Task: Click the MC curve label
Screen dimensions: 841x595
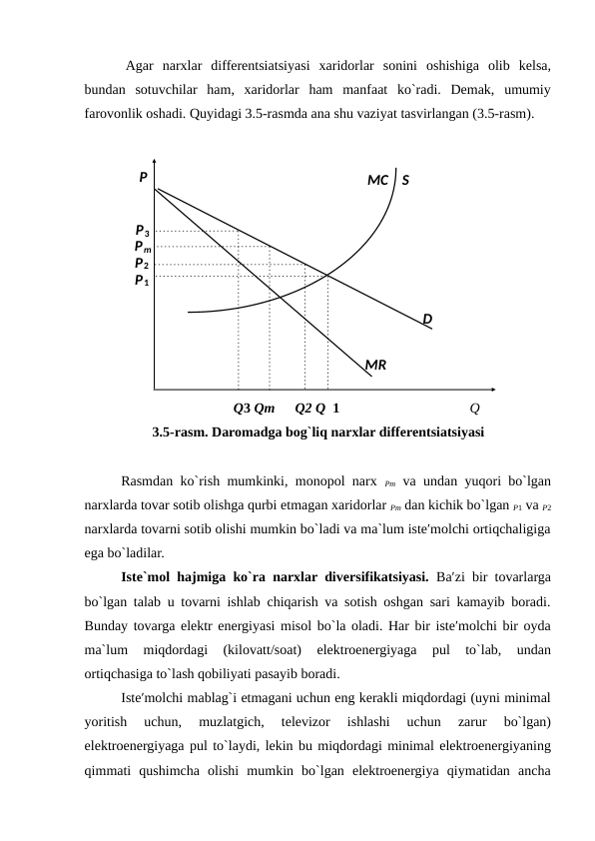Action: [377, 181]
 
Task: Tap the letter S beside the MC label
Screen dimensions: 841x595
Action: [406, 181]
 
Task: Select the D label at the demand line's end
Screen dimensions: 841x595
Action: [426, 319]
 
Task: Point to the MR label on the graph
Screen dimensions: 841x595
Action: [376, 366]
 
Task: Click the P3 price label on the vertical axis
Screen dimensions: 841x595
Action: [143, 231]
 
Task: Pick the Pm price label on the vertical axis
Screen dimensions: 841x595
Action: [143, 247]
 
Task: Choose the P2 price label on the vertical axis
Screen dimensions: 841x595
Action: [143, 264]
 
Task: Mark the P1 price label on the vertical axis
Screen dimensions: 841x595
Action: [143, 281]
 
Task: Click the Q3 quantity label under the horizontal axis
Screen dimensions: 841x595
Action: [242, 408]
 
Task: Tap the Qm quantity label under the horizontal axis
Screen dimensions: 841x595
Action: [266, 408]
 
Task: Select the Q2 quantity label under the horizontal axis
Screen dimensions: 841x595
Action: [303, 408]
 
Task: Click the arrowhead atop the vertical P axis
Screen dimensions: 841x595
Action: [155, 162]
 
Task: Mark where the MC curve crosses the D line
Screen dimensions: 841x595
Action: [327, 275]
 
